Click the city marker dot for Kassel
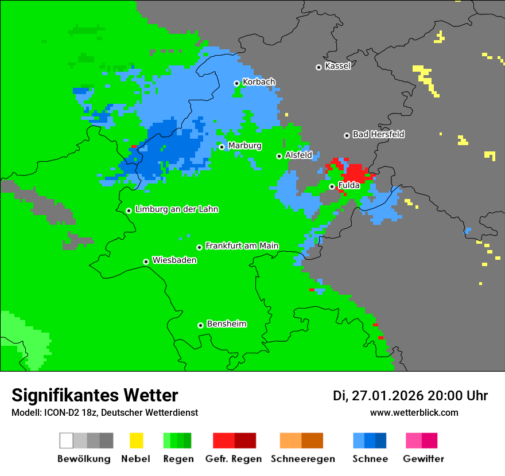tap(318, 67)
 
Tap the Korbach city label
tap(259, 82)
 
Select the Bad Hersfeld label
tap(378, 134)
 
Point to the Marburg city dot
tap(222, 147)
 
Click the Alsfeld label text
tap(298, 155)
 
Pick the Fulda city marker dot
tap(332, 186)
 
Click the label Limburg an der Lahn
tap(176, 209)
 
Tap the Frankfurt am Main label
tap(242, 246)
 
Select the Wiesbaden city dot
tap(146, 262)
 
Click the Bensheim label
tap(226, 324)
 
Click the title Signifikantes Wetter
tap(95, 395)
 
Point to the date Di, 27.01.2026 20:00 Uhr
tap(410, 396)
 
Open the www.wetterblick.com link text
tap(414, 412)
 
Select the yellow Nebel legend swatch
tap(136, 440)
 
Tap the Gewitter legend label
tap(424, 459)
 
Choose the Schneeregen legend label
tap(302, 459)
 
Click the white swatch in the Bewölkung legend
tap(67, 440)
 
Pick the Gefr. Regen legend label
tap(234, 459)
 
